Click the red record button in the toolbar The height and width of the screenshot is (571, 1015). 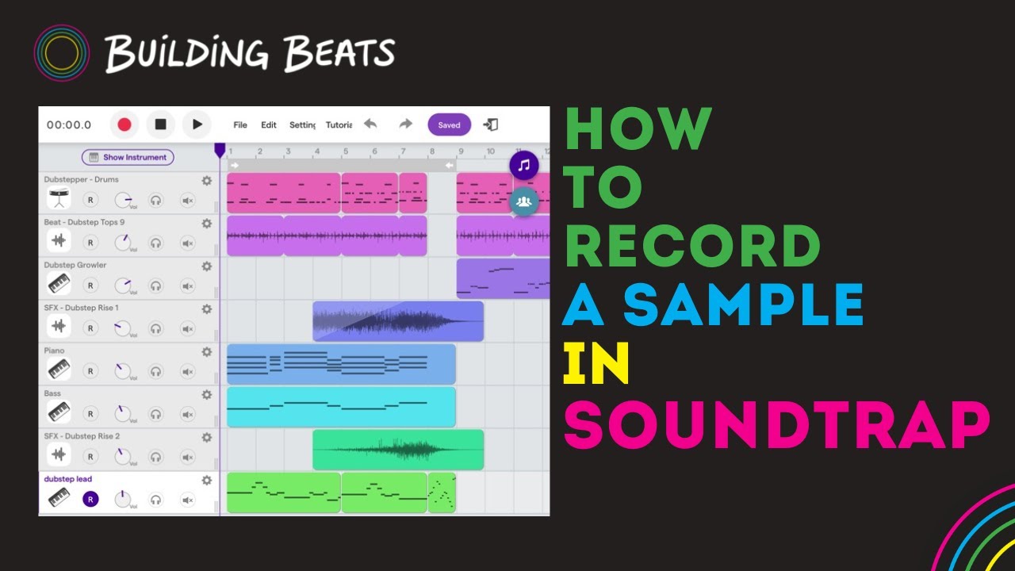pos(124,125)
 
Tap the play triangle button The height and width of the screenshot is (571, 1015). pos(197,125)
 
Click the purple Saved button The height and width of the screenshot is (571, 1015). pos(449,125)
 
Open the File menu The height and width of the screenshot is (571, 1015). pos(240,125)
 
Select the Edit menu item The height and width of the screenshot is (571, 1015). pos(269,125)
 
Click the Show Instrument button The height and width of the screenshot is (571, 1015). pos(128,157)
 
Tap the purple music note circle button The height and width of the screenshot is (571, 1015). pos(523,166)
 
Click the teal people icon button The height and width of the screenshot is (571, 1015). pos(523,201)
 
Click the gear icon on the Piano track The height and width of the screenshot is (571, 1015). pos(207,351)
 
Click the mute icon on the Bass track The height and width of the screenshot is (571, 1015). pos(188,413)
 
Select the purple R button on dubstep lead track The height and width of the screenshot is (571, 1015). pos(90,499)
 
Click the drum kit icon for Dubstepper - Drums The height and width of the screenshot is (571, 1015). pos(59,200)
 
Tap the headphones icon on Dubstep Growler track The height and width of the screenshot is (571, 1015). pos(155,285)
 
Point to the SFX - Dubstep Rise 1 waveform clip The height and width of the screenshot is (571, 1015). pos(398,321)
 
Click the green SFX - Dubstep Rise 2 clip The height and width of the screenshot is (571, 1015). pos(398,450)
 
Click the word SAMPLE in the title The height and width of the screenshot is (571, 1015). pos(744,306)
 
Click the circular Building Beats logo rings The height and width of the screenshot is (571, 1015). pos(61,52)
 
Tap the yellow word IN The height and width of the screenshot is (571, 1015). pos(596,364)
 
